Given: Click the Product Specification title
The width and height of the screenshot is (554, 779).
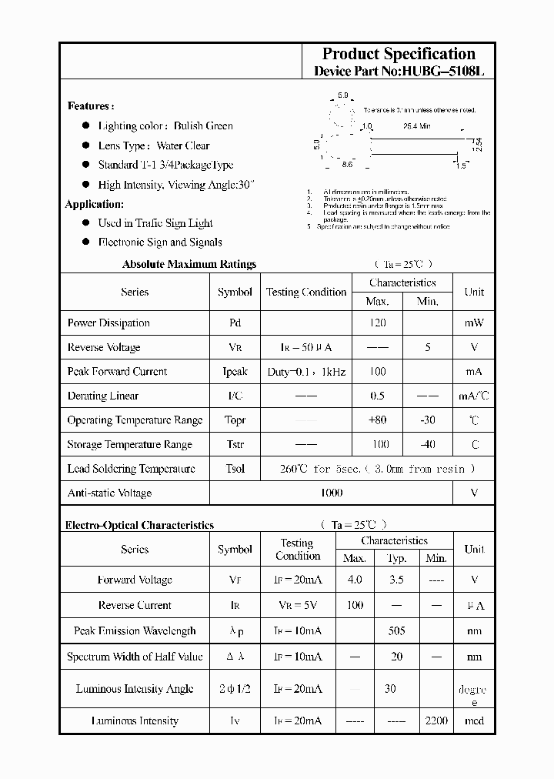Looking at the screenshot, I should tap(399, 54).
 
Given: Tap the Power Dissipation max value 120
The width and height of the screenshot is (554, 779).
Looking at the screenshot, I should tap(377, 323).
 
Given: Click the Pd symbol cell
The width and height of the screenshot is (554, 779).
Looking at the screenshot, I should tap(235, 323).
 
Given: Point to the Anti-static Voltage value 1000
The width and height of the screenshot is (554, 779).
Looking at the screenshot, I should tap(331, 493).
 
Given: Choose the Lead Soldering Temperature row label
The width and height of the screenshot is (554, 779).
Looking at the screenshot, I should tap(131, 469).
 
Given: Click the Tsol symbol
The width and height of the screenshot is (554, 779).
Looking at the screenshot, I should tap(235, 469).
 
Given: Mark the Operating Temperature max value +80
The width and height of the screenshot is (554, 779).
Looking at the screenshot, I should tap(377, 420).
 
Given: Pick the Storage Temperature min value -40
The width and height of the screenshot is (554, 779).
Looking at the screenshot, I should tap(427, 444).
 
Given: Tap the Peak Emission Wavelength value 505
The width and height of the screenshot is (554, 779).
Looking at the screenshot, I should tap(396, 631).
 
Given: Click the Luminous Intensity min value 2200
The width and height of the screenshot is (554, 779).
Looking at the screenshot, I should tap(436, 721).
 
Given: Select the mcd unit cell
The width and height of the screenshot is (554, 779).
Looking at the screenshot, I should tap(474, 721).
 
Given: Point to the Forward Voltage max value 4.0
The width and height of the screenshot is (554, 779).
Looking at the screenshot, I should tap(354, 580).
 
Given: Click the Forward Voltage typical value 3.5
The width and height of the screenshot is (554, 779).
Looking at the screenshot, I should tap(396, 580).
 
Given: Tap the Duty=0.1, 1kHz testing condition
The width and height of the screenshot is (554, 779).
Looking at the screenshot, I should tap(306, 372).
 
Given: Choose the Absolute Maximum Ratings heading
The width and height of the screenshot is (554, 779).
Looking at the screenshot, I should tap(189, 264).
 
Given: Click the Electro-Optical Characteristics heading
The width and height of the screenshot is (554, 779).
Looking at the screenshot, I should tap(139, 525).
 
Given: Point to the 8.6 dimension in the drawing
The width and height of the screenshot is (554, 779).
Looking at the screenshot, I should tap(346, 165).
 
